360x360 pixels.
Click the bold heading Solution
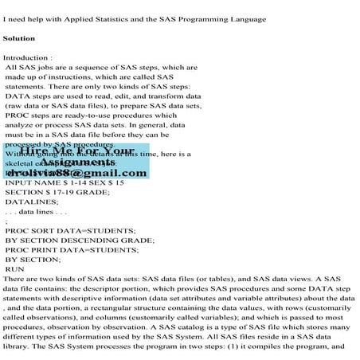20,38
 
